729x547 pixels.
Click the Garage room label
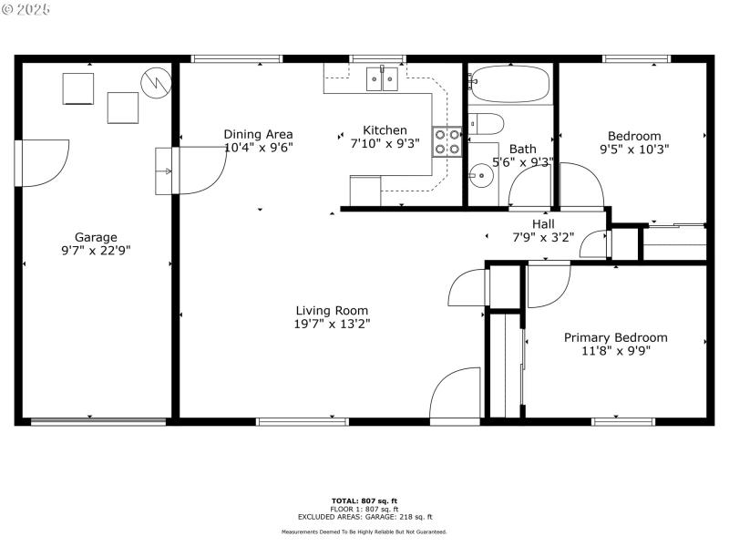[96, 237]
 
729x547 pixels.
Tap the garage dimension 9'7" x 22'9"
[96, 250]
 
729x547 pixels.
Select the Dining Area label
[258, 134]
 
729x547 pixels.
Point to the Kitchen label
[385, 130]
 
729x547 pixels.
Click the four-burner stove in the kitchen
[447, 142]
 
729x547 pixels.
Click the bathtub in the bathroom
[510, 85]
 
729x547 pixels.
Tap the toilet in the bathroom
[484, 123]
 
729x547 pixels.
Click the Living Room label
[331, 310]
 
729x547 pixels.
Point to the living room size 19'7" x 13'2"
[331, 323]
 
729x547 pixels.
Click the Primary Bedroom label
[615, 337]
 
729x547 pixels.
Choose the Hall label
[543, 224]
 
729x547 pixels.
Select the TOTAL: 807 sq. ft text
[364, 501]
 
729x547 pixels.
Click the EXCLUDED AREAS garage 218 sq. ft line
[364, 517]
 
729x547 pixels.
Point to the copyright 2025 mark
[26, 9]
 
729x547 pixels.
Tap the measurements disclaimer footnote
[364, 532]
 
